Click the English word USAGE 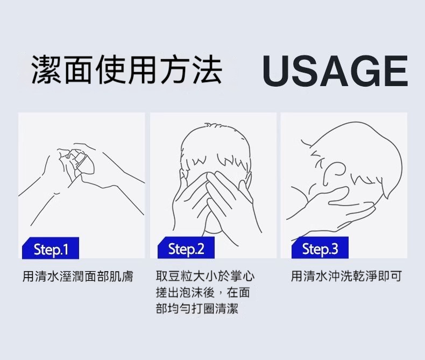click(335, 70)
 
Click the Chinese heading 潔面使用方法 click(127, 69)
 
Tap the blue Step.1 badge click(51, 248)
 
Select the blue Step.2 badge click(186, 248)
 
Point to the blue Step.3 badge click(320, 248)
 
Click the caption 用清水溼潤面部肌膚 click(78, 276)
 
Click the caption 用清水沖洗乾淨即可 click(346, 276)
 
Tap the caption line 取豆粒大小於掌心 click(205, 276)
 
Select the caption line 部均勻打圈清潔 click(197, 308)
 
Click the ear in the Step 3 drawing click(333, 172)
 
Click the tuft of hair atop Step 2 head click(214, 125)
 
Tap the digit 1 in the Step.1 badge click(65, 249)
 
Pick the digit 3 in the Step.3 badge click(335, 249)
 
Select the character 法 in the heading click(207, 69)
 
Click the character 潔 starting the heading click(46, 69)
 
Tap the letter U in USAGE click(276, 70)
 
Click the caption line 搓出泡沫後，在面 click(203, 292)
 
